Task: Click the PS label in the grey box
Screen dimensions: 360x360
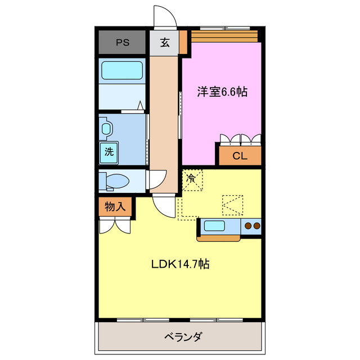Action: (x=121, y=42)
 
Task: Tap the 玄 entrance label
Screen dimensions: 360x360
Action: (x=165, y=42)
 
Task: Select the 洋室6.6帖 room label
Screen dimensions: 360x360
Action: (x=222, y=92)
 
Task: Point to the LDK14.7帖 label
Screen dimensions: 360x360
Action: (x=180, y=263)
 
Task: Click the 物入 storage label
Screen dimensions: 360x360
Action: (x=115, y=207)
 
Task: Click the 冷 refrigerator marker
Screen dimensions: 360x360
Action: (x=191, y=179)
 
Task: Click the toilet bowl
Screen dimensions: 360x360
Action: (x=117, y=181)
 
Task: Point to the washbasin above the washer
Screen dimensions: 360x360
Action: (x=106, y=129)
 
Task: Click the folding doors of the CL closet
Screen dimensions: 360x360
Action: (x=240, y=139)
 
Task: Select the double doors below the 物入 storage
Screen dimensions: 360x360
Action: (x=115, y=226)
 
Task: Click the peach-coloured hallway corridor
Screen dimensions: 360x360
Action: (x=164, y=112)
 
